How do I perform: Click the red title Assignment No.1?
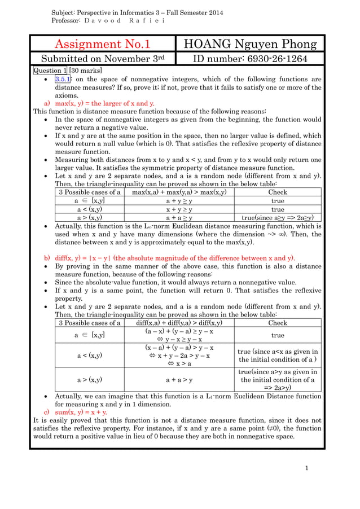[102, 44]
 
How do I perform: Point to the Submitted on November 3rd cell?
[102, 59]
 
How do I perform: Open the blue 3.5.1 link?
[62, 80]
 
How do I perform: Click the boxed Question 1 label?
[50, 71]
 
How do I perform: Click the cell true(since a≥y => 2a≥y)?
[277, 217]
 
